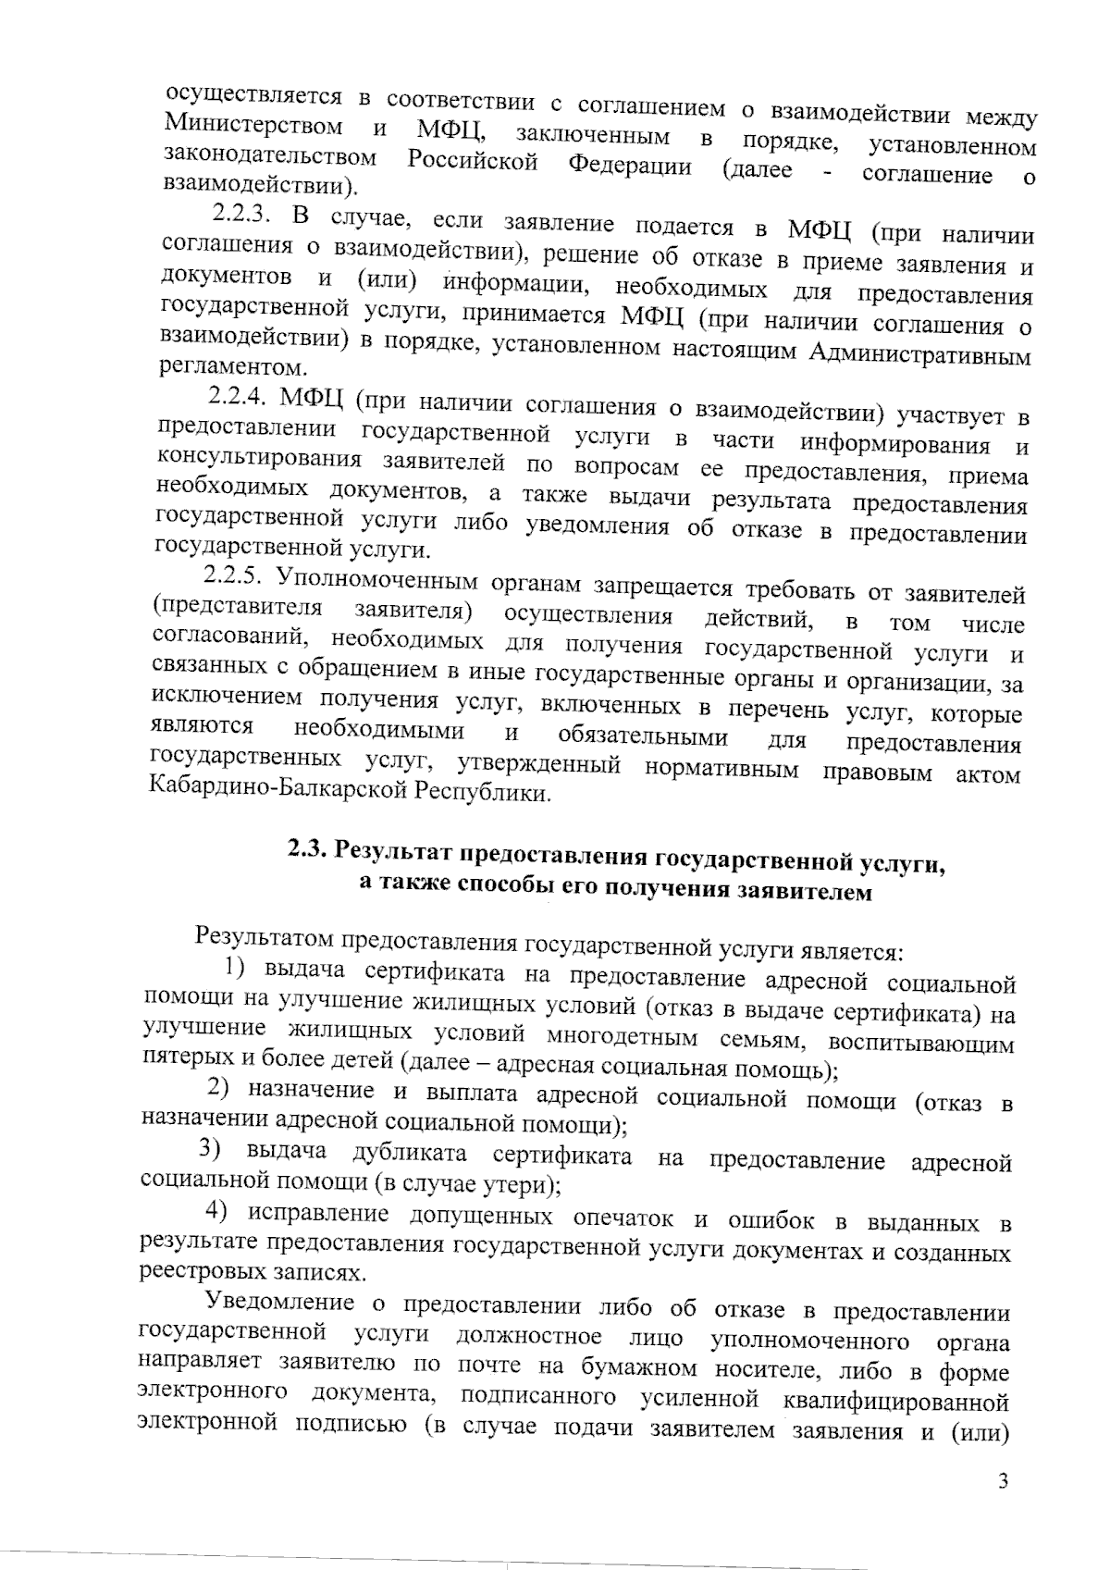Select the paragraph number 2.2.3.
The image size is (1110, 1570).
(x=240, y=214)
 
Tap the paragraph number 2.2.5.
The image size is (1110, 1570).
(x=235, y=575)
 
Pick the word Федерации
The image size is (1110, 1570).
(x=628, y=167)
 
